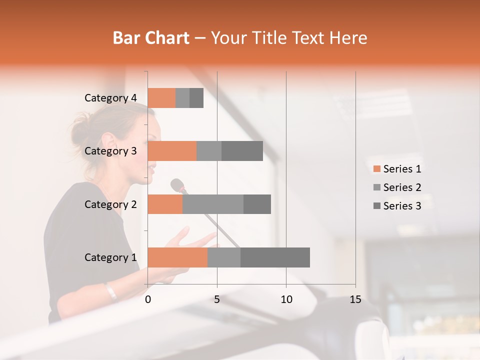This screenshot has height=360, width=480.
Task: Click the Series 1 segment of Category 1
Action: [x=177, y=257]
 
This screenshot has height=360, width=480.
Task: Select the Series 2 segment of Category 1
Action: [x=224, y=257]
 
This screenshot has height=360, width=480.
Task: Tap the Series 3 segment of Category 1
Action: [x=275, y=257]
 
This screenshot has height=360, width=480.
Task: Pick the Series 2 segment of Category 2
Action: [x=213, y=204]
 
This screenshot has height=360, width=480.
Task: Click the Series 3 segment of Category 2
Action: [x=257, y=204]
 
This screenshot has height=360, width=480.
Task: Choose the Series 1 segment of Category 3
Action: [x=172, y=151]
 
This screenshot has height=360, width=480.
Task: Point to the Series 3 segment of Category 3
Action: [x=242, y=151]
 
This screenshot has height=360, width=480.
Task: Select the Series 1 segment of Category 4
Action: [x=161, y=98]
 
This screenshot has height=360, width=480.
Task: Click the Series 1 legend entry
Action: [x=397, y=169]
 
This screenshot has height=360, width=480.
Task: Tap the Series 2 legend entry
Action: [x=397, y=187]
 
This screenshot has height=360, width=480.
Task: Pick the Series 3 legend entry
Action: [x=397, y=206]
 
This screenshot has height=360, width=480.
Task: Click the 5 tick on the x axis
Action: [x=217, y=299]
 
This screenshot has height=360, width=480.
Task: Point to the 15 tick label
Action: [x=355, y=299]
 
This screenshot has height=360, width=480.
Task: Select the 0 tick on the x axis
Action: [x=148, y=299]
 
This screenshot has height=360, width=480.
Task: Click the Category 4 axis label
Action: [x=110, y=98]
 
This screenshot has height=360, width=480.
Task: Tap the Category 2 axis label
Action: [x=110, y=204]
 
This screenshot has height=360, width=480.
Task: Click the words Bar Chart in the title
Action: [x=151, y=37]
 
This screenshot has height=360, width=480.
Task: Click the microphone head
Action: [x=177, y=185]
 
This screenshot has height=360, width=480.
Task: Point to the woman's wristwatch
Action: [x=111, y=291]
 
